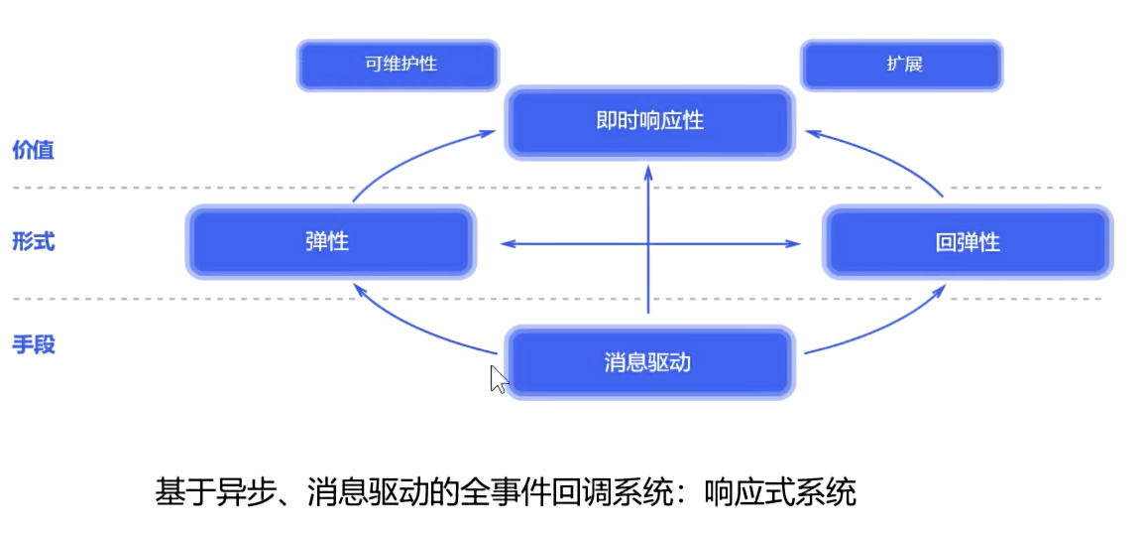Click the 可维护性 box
(398, 66)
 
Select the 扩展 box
(902, 66)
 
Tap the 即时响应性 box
(649, 122)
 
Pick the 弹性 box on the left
(328, 242)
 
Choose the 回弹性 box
(966, 242)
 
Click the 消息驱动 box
(649, 362)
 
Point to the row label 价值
(33, 151)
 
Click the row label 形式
(33, 242)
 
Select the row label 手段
(33, 345)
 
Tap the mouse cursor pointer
(498, 378)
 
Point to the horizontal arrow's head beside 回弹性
(793, 242)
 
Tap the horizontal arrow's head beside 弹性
(506, 242)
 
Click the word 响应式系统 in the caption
(793, 492)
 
